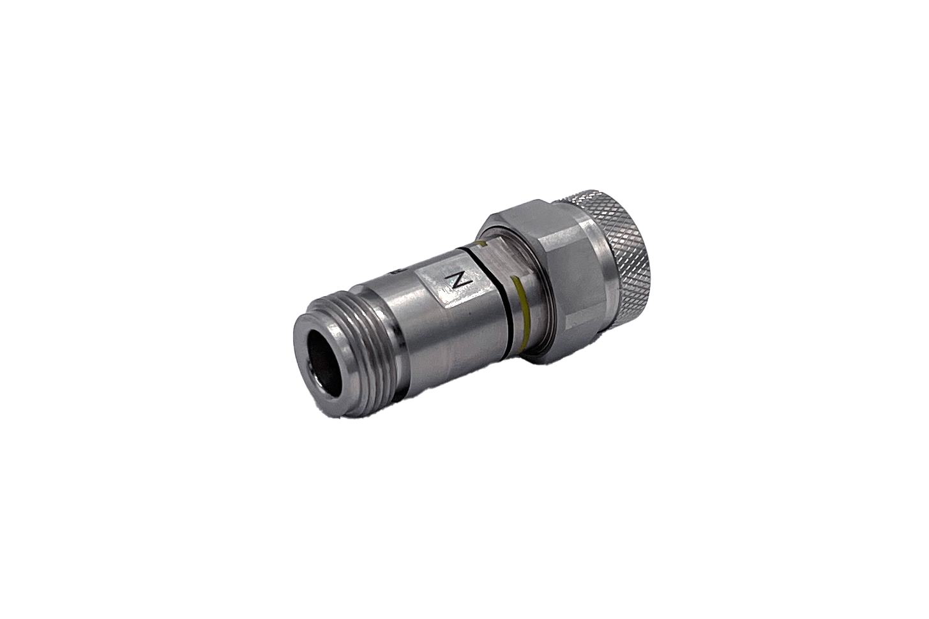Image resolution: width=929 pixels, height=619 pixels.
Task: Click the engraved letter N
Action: click(457, 280)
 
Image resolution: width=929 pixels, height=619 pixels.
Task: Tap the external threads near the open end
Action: click(358, 319)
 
